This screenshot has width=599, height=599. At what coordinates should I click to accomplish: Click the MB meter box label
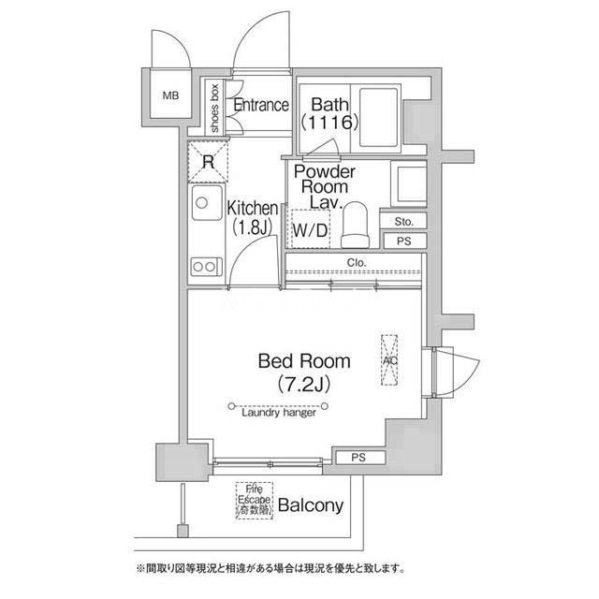coord(170,95)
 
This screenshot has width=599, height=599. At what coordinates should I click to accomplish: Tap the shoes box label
coord(214,108)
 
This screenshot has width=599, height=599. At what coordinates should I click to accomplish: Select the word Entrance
coord(261,105)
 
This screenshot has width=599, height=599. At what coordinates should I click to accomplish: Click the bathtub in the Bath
coord(378,117)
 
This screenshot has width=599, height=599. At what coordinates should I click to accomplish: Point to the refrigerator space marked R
coord(208,162)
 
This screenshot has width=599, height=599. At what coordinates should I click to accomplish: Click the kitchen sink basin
coord(207,202)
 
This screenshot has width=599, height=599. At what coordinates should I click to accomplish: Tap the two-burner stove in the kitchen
coord(207,267)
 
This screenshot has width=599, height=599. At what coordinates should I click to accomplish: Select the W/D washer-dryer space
coord(310,229)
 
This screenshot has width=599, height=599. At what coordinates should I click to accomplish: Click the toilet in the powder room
coord(355,225)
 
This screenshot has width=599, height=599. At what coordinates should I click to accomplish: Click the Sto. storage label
coord(403,222)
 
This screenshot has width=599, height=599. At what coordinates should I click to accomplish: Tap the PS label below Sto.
coord(403,241)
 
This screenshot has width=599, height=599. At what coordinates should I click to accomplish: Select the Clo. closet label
coord(357,263)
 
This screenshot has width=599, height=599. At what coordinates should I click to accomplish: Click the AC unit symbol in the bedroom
coord(389,360)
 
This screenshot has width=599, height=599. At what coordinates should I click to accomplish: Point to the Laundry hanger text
coord(279,413)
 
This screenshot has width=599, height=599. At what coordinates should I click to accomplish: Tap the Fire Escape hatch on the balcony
coord(254,501)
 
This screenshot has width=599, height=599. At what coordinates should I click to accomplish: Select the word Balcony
coord(311,505)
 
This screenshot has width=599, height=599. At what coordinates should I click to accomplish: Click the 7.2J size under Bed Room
coord(304,384)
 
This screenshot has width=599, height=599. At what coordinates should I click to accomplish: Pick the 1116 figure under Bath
coord(329,123)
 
